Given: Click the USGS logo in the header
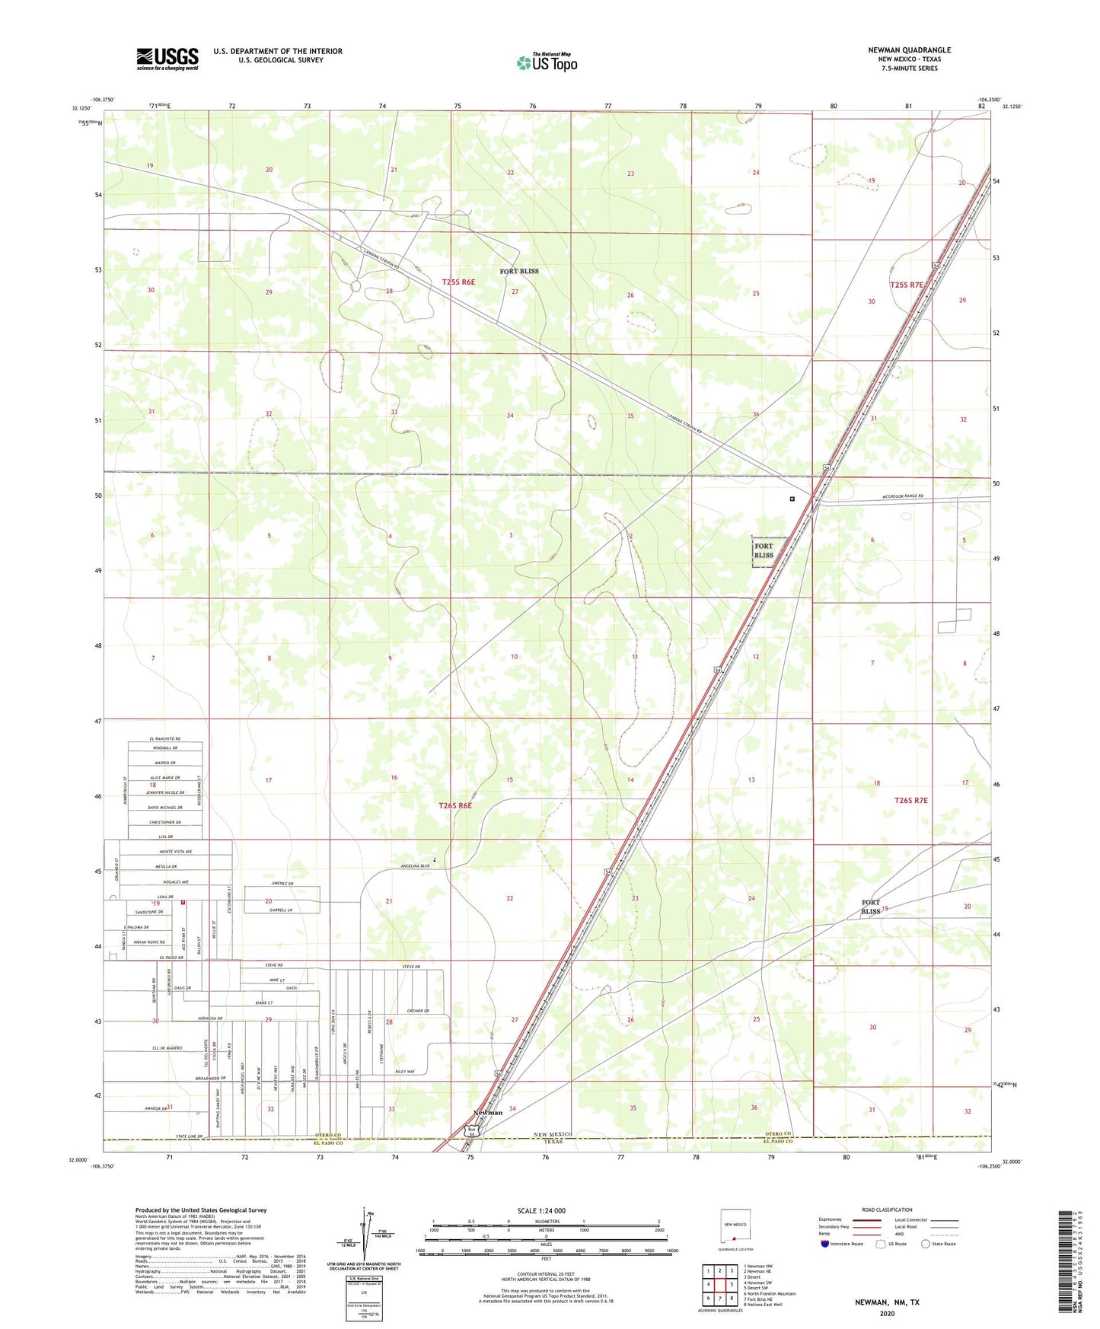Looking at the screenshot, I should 167,59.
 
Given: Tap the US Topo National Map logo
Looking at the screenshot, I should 547,62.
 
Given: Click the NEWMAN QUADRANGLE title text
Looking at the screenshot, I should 909,50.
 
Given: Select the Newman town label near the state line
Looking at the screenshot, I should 488,1113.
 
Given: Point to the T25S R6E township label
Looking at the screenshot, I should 458,282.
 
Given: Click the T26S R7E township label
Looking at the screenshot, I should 910,800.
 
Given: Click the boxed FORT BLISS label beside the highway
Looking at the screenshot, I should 764,550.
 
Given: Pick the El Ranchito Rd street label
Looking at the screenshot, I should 164,739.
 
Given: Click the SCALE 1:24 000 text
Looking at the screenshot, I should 541,1211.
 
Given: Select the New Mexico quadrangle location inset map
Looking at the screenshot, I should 735,1229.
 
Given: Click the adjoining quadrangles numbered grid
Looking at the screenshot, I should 719,1284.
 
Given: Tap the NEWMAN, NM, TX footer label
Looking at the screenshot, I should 886,1302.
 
